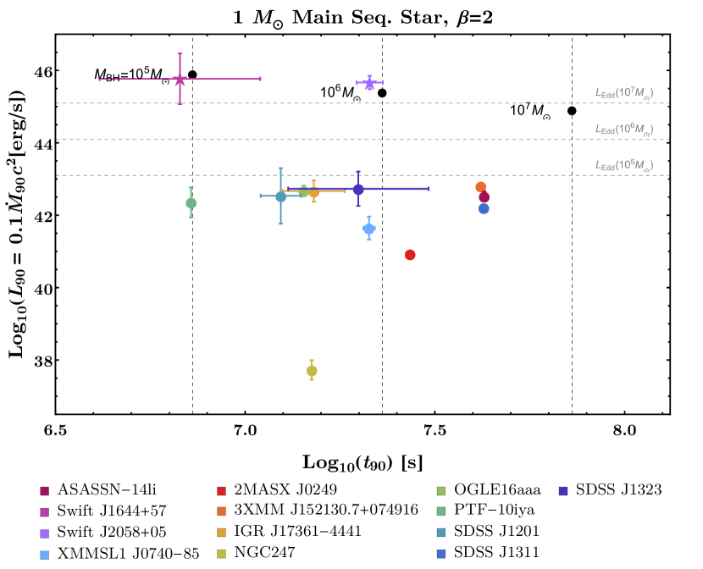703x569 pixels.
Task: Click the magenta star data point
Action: (x=180, y=80)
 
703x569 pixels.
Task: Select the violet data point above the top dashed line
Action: (x=369, y=83)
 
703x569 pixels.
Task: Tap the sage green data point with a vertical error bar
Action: (x=191, y=203)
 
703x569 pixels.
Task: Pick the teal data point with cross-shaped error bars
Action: (x=280, y=196)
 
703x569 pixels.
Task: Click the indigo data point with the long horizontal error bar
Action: (x=358, y=189)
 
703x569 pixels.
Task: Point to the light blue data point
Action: (x=368, y=229)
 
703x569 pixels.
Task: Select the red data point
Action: (x=410, y=255)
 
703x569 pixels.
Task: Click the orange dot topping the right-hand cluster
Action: (x=480, y=186)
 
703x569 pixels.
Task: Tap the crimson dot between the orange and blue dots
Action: (x=484, y=197)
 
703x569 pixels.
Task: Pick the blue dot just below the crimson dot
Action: (x=484, y=208)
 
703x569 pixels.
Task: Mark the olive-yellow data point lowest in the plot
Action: (x=312, y=371)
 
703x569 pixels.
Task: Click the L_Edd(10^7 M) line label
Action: (x=623, y=93)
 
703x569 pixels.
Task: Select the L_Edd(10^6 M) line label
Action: (x=623, y=130)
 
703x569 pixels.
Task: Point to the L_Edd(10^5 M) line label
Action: (x=623, y=165)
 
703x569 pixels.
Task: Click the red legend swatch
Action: (x=221, y=491)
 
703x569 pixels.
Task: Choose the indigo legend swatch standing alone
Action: (x=563, y=491)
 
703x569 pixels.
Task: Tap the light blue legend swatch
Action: (x=44, y=555)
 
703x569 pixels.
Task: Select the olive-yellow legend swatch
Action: (x=221, y=554)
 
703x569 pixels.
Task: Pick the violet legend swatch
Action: (x=44, y=533)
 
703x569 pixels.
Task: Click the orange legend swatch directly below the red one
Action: (x=221, y=511)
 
